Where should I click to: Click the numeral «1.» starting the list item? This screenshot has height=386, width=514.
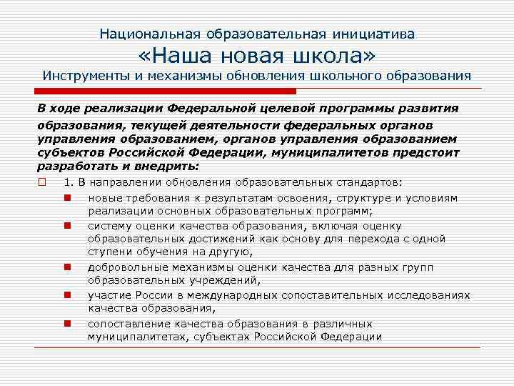tap(69, 182)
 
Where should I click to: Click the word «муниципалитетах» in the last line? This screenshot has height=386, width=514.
tap(132, 337)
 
